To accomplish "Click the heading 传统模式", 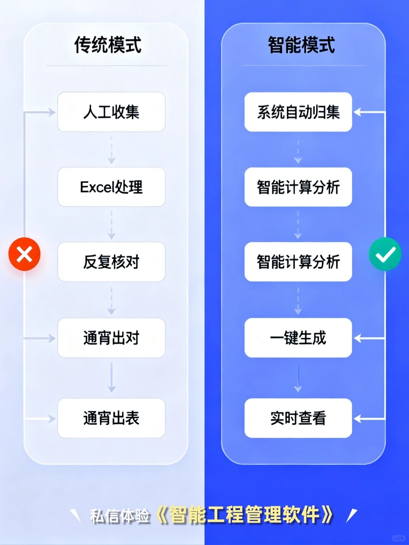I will [108, 45].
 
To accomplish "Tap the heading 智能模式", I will [301, 45].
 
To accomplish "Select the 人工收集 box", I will [111, 112].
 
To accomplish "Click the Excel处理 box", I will [111, 187].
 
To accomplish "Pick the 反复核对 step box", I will [111, 262].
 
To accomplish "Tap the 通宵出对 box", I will [111, 338].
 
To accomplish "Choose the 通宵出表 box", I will [111, 418].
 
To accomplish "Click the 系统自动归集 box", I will [298, 112].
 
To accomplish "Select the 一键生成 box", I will [298, 338].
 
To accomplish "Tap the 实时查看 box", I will [298, 418].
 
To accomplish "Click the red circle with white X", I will [25, 254].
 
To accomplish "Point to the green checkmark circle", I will [385, 254].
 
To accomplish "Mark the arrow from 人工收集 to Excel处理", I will [111, 150].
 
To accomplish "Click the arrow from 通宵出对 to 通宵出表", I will [111, 378].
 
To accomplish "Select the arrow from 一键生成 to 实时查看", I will [298, 378].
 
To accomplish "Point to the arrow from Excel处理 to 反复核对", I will [111, 225].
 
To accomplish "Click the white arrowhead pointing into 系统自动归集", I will [357, 112].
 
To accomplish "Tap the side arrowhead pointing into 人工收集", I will [52, 112].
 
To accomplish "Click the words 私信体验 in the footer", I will [120, 516].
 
